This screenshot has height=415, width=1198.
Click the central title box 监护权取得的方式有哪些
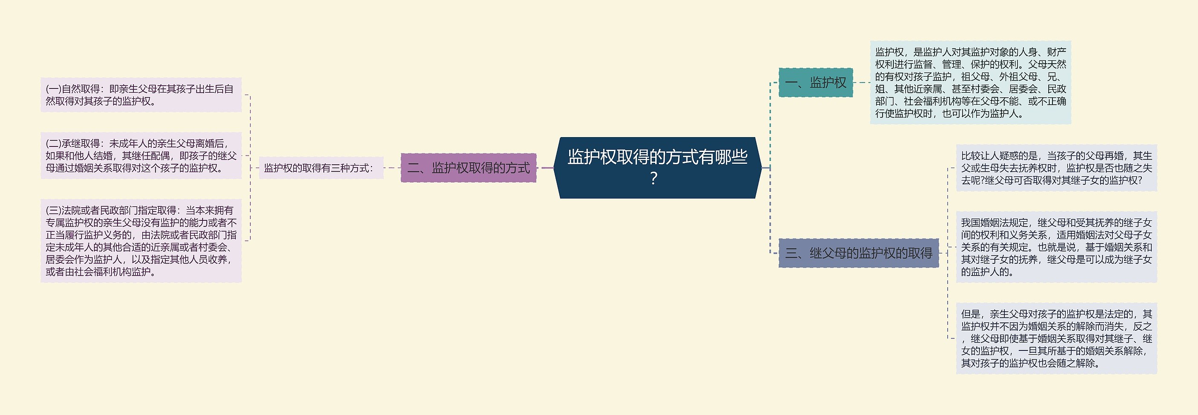[657, 167]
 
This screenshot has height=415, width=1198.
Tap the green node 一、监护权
[815, 83]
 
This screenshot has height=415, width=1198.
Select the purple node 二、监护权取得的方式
[468, 168]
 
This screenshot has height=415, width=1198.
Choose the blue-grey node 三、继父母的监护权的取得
[858, 254]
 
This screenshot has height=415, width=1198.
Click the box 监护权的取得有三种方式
[321, 168]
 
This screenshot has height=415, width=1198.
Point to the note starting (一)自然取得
[141, 95]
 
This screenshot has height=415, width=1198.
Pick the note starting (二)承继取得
[141, 156]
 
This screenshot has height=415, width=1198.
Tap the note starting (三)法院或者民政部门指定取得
[141, 241]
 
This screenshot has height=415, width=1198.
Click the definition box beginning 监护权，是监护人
[970, 83]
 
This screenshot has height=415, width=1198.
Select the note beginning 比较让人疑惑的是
[1056, 168]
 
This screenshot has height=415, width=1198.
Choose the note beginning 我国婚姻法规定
[1056, 247]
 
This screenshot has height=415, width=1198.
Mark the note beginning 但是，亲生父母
[1056, 338]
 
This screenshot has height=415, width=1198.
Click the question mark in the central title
[654, 179]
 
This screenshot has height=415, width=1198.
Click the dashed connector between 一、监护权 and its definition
[861, 83]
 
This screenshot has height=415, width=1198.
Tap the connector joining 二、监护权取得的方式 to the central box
[545, 167]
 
